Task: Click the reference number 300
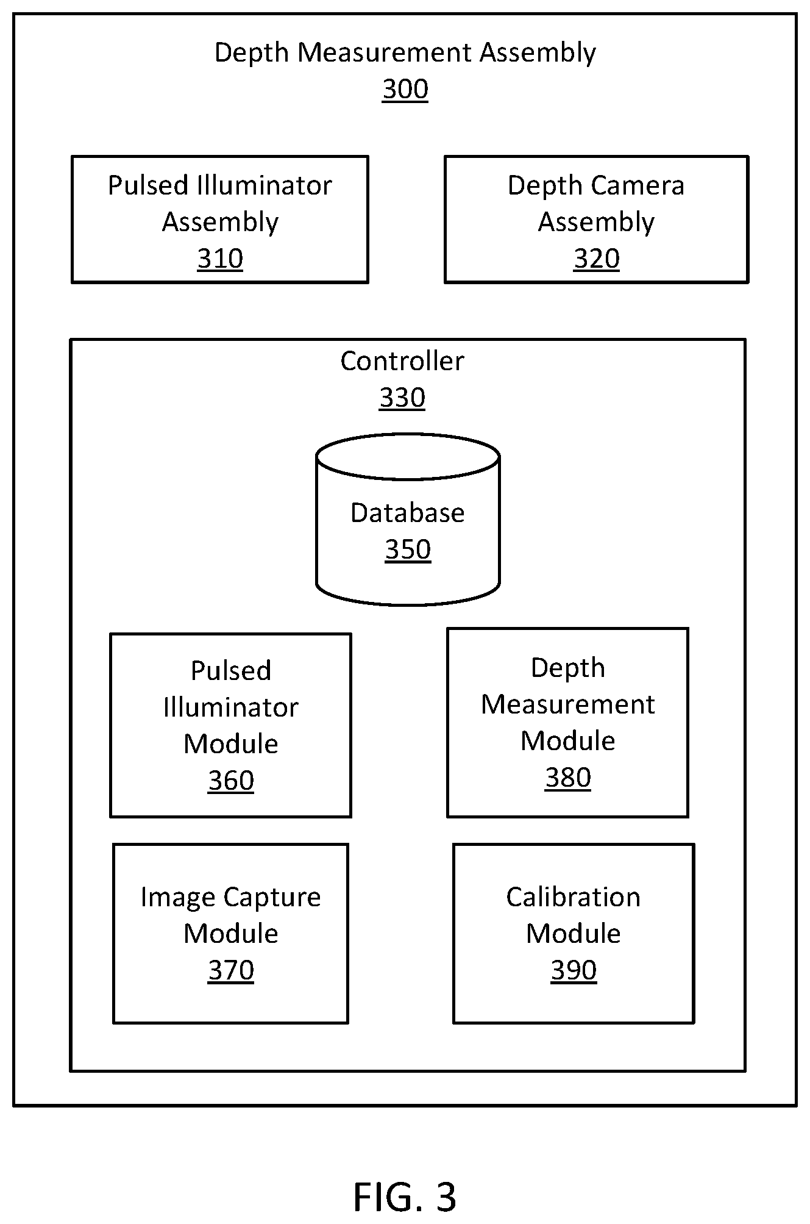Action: click(x=405, y=89)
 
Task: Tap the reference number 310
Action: click(x=220, y=259)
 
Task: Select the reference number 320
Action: click(x=597, y=259)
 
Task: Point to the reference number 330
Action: click(x=402, y=398)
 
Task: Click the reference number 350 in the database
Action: click(x=408, y=549)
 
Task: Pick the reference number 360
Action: click(x=231, y=781)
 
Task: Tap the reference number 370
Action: click(x=231, y=970)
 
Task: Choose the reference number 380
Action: click(x=568, y=778)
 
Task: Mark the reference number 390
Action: click(x=574, y=970)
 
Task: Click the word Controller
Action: click(x=402, y=361)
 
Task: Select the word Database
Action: click(x=408, y=513)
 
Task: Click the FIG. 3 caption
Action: click(x=405, y=1197)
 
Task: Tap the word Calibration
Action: click(x=574, y=897)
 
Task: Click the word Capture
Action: click(x=272, y=898)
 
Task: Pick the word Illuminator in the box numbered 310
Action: click(x=265, y=185)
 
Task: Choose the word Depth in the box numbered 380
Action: click(x=568, y=668)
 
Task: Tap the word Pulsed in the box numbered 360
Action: click(x=231, y=671)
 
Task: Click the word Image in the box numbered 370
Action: click(x=179, y=898)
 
